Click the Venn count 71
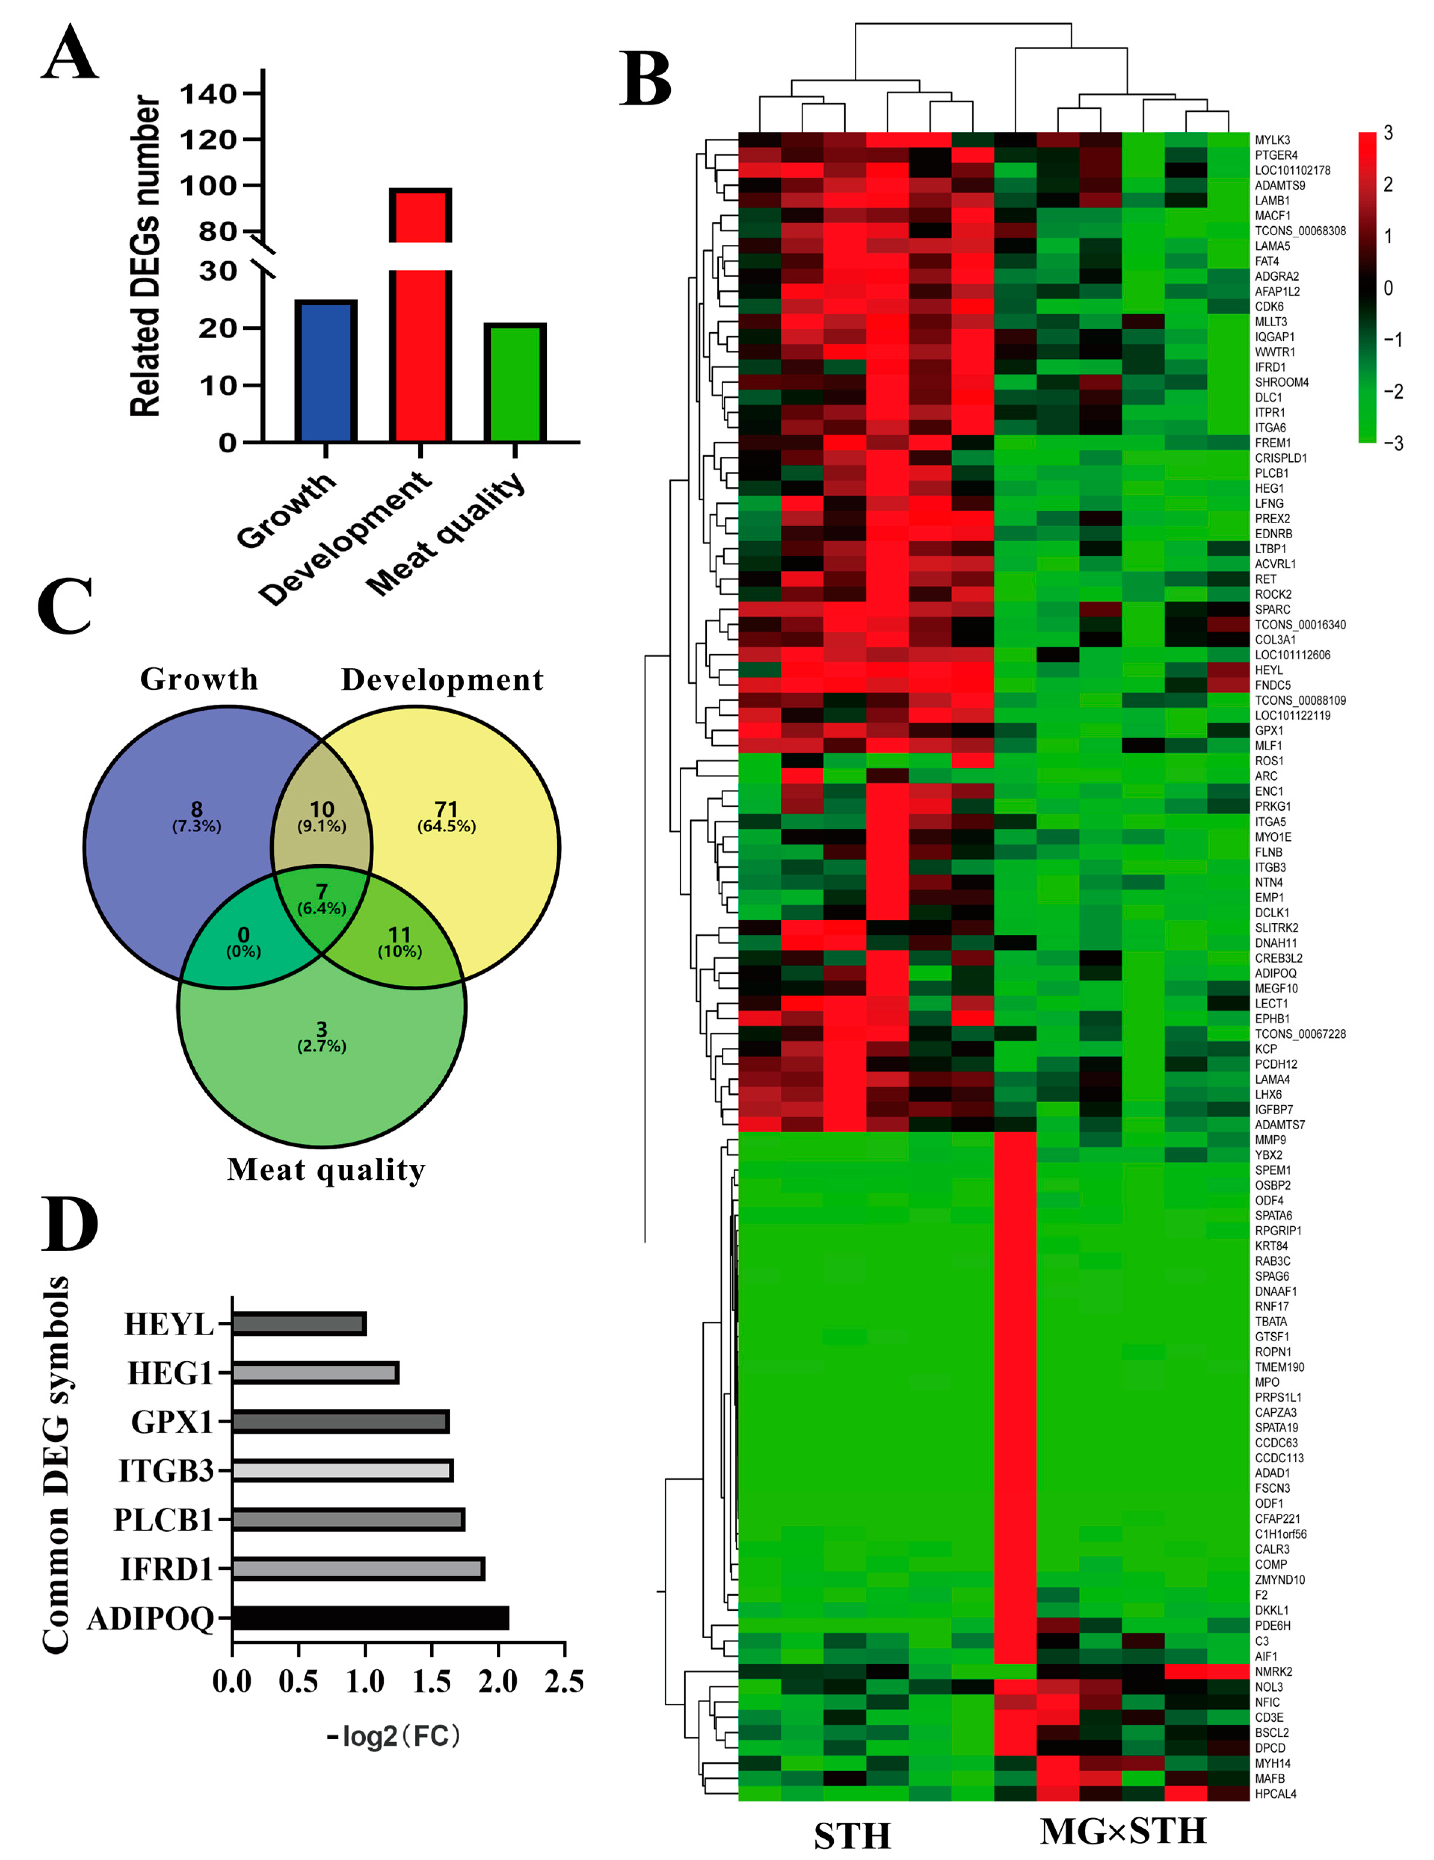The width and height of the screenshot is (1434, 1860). [x=446, y=809]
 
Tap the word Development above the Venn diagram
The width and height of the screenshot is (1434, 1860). [x=442, y=680]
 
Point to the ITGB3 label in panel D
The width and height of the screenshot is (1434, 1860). [x=165, y=1471]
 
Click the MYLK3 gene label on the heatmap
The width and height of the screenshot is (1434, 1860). [x=1272, y=140]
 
